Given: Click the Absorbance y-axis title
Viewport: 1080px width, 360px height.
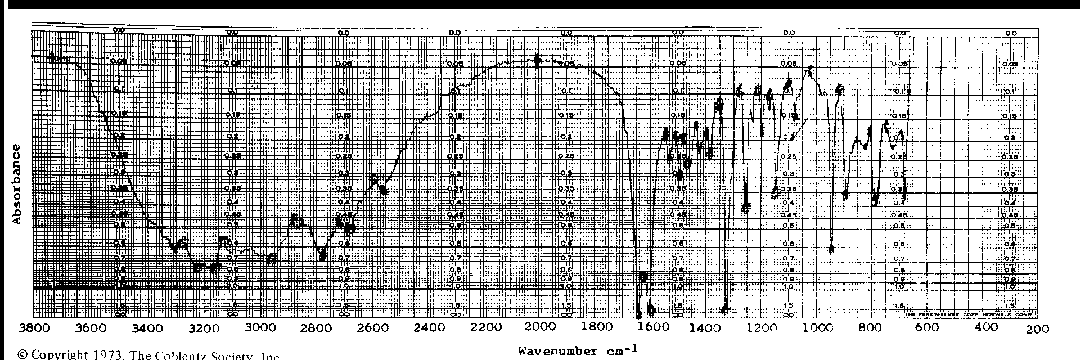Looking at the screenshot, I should [16, 184].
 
